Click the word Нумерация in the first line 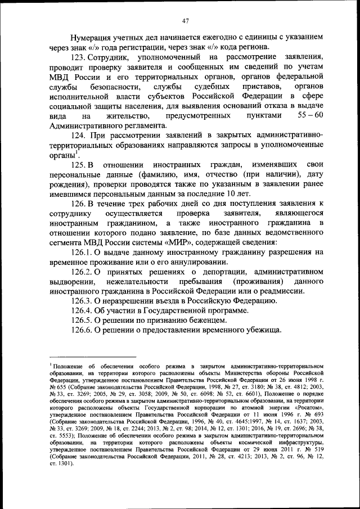coord(92,37)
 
